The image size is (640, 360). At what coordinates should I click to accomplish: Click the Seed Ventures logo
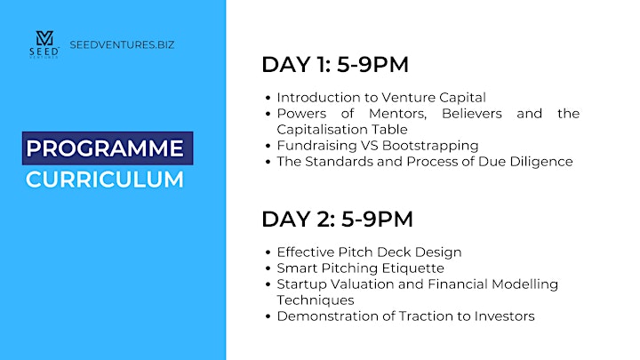[x=44, y=44]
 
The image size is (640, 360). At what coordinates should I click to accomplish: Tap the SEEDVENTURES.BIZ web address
[x=122, y=44]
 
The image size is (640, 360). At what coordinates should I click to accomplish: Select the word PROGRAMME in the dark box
[x=105, y=148]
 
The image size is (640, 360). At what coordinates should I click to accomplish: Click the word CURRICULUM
[x=105, y=180]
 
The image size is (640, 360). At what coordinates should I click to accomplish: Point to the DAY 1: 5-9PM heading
[x=335, y=65]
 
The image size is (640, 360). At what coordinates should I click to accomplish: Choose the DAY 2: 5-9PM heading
[x=338, y=220]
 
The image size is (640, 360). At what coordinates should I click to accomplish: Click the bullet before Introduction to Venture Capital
[x=268, y=98]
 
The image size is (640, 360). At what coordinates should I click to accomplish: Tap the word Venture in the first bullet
[x=408, y=98]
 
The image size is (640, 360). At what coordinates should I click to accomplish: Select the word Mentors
[x=397, y=114]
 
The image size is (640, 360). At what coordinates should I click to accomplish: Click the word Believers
[x=472, y=114]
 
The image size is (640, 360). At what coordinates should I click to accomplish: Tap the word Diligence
[x=541, y=162]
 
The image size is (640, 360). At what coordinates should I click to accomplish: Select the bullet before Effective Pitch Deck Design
[x=268, y=252]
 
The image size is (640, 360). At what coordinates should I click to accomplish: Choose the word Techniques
[x=316, y=300]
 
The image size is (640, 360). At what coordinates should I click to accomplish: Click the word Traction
[x=426, y=316]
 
